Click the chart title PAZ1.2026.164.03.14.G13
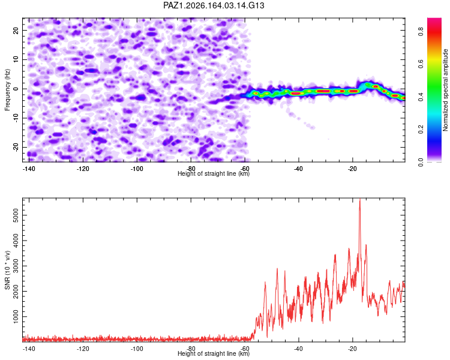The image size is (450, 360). [214, 5]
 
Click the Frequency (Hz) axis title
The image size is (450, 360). [7, 90]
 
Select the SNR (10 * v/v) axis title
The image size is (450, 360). [7, 270]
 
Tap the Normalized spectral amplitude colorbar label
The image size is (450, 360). [445, 90]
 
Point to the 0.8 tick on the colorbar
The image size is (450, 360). [421, 31]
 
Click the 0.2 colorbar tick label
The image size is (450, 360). [421, 129]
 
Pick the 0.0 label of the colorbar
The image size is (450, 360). [421, 162]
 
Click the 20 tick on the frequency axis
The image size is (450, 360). [16, 30]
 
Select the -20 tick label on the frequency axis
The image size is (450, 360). [16, 147]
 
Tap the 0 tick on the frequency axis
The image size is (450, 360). [16, 89]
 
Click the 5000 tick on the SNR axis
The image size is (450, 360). [16, 215]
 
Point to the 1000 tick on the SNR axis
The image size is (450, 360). [16, 316]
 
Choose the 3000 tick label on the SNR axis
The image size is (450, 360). [16, 266]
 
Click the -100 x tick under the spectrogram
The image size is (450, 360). [137, 169]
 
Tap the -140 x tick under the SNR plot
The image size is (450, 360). [29, 349]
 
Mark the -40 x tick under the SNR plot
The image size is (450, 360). [298, 349]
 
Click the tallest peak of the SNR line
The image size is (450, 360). [360, 199]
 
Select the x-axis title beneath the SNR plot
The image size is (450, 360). [214, 353]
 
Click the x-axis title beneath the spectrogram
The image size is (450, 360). [214, 173]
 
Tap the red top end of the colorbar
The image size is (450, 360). [434, 19]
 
